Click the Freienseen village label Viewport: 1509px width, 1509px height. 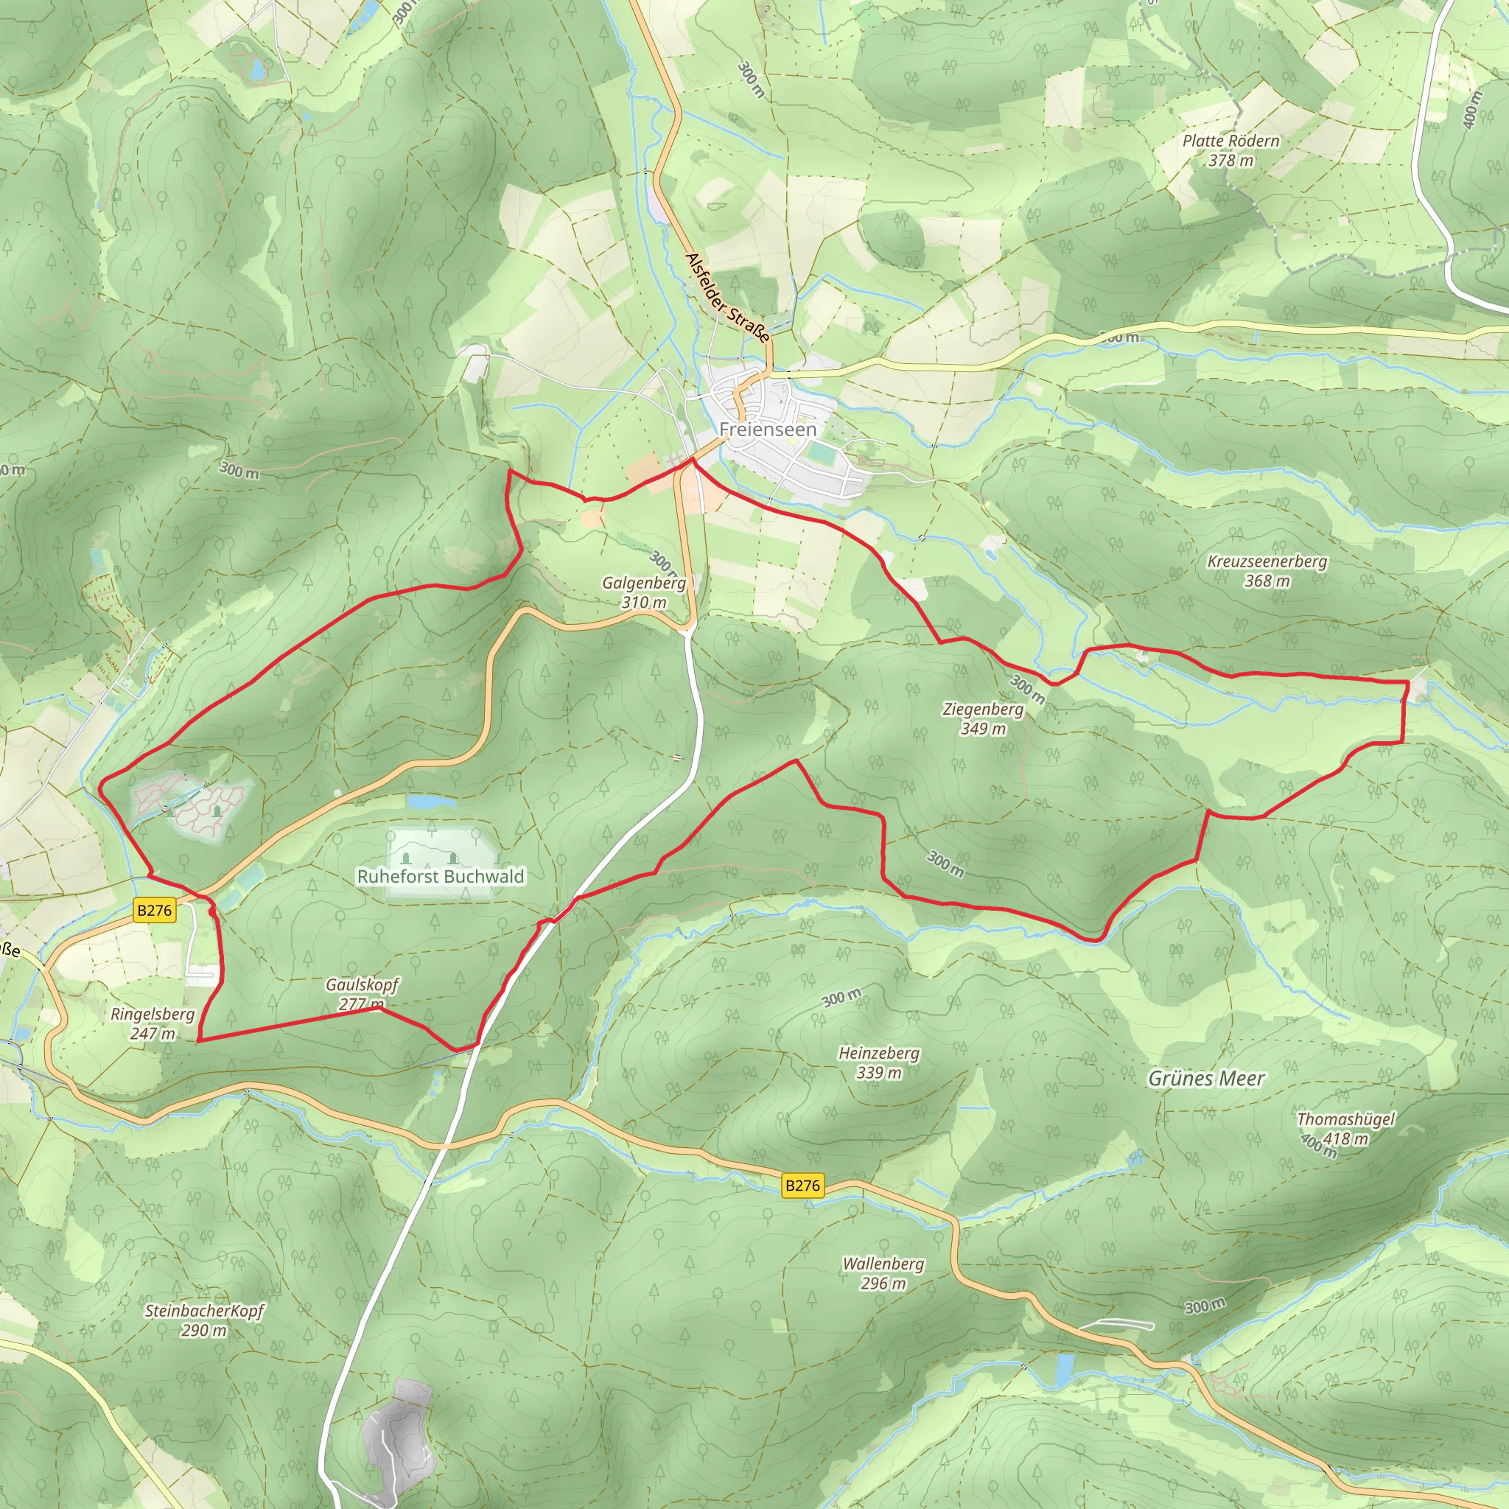(768, 430)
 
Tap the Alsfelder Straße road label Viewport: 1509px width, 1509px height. (727, 298)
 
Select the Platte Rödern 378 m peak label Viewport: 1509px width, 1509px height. (1231, 151)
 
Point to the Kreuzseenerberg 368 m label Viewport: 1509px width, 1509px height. (1267, 571)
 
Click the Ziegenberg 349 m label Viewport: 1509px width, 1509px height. (983, 718)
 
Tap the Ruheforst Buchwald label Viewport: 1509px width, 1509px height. (441, 876)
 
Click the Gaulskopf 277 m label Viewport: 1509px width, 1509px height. (362, 993)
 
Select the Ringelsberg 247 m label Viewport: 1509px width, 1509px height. (153, 1023)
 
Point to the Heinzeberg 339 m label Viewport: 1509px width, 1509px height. (879, 1062)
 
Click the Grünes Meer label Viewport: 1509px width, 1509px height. (1206, 1079)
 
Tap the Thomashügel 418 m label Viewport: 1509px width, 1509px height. (1345, 1129)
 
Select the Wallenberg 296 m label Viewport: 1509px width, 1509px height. (883, 1273)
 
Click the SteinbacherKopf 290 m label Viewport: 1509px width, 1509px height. (204, 1320)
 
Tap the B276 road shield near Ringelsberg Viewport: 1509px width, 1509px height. (154, 910)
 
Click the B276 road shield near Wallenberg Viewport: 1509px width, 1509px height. (802, 1186)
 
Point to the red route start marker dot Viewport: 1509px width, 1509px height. (212, 911)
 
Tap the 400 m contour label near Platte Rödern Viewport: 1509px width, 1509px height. (1471, 109)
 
